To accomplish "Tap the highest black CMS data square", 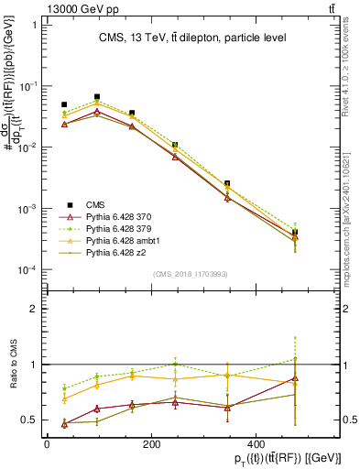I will tap(98, 96).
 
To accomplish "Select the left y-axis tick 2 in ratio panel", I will tap(32, 309).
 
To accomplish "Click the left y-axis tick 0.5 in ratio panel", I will tap(28, 420).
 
